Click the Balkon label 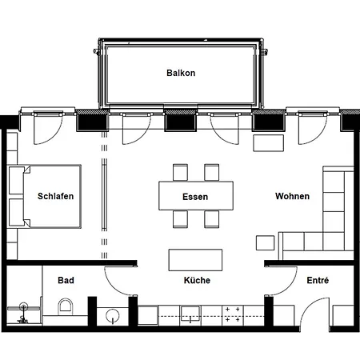[181, 73]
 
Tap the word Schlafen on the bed [55, 196]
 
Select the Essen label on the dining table [195, 197]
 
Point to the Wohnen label [292, 196]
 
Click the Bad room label [66, 280]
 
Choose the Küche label [197, 280]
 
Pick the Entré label [318, 280]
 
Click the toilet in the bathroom [66, 306]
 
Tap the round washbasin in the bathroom [113, 316]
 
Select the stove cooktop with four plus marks [233, 315]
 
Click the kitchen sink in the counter [190, 314]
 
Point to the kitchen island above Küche [195, 260]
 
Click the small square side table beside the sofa [265, 242]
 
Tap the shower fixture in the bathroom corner [23, 312]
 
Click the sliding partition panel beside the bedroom [105, 197]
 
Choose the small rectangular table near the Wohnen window [268, 143]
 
